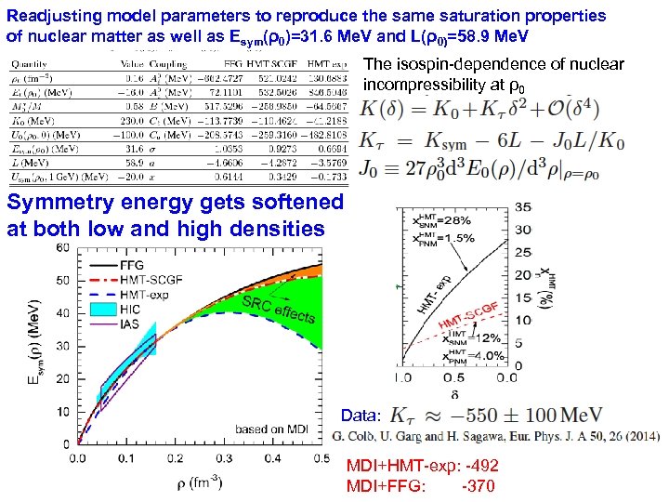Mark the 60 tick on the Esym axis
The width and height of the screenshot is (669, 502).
(62, 246)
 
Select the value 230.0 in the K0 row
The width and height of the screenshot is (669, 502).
(136, 120)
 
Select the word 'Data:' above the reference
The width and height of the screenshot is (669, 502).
(360, 416)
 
